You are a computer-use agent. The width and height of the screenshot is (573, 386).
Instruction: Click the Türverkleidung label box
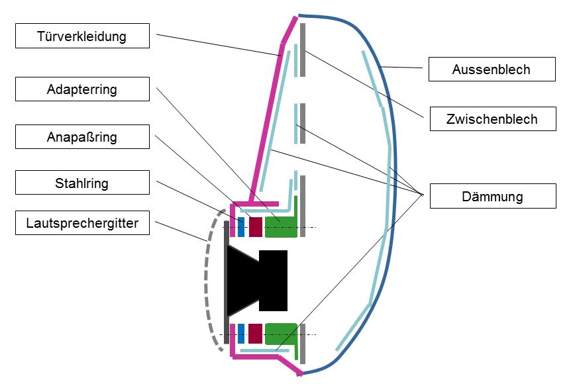(x=82, y=36)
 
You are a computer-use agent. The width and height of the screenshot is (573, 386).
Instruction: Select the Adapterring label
(x=82, y=89)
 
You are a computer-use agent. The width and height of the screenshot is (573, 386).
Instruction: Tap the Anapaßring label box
(x=82, y=138)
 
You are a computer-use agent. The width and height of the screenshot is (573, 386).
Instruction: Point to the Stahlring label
(x=82, y=183)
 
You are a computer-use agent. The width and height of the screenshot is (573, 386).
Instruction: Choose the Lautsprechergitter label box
(x=82, y=223)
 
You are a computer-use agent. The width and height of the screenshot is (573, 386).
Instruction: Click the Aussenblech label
(x=491, y=70)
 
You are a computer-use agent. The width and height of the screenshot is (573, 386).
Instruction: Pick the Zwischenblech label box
(x=491, y=119)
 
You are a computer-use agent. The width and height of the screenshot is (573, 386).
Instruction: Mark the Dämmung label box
(x=491, y=196)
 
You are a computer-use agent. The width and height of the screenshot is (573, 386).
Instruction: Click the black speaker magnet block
(x=274, y=281)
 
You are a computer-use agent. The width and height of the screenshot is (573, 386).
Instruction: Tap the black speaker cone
(x=242, y=280)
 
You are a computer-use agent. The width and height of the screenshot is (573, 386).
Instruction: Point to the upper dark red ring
(x=255, y=226)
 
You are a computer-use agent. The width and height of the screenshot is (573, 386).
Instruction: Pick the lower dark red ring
(x=255, y=333)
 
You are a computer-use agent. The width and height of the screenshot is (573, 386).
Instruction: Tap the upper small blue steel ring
(x=241, y=226)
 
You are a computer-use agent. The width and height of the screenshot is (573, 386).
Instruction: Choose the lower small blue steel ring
(x=241, y=333)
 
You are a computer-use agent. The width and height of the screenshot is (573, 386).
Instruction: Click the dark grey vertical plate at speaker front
(x=227, y=281)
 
